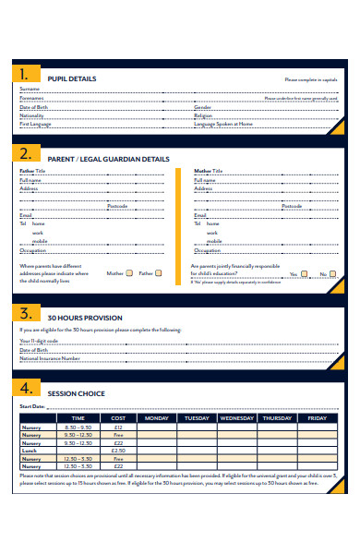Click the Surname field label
point(30,90)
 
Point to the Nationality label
point(32,114)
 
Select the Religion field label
point(204,114)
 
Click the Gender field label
point(203,106)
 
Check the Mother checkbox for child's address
point(130,273)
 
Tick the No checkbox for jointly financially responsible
point(336,274)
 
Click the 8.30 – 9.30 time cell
point(78,428)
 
